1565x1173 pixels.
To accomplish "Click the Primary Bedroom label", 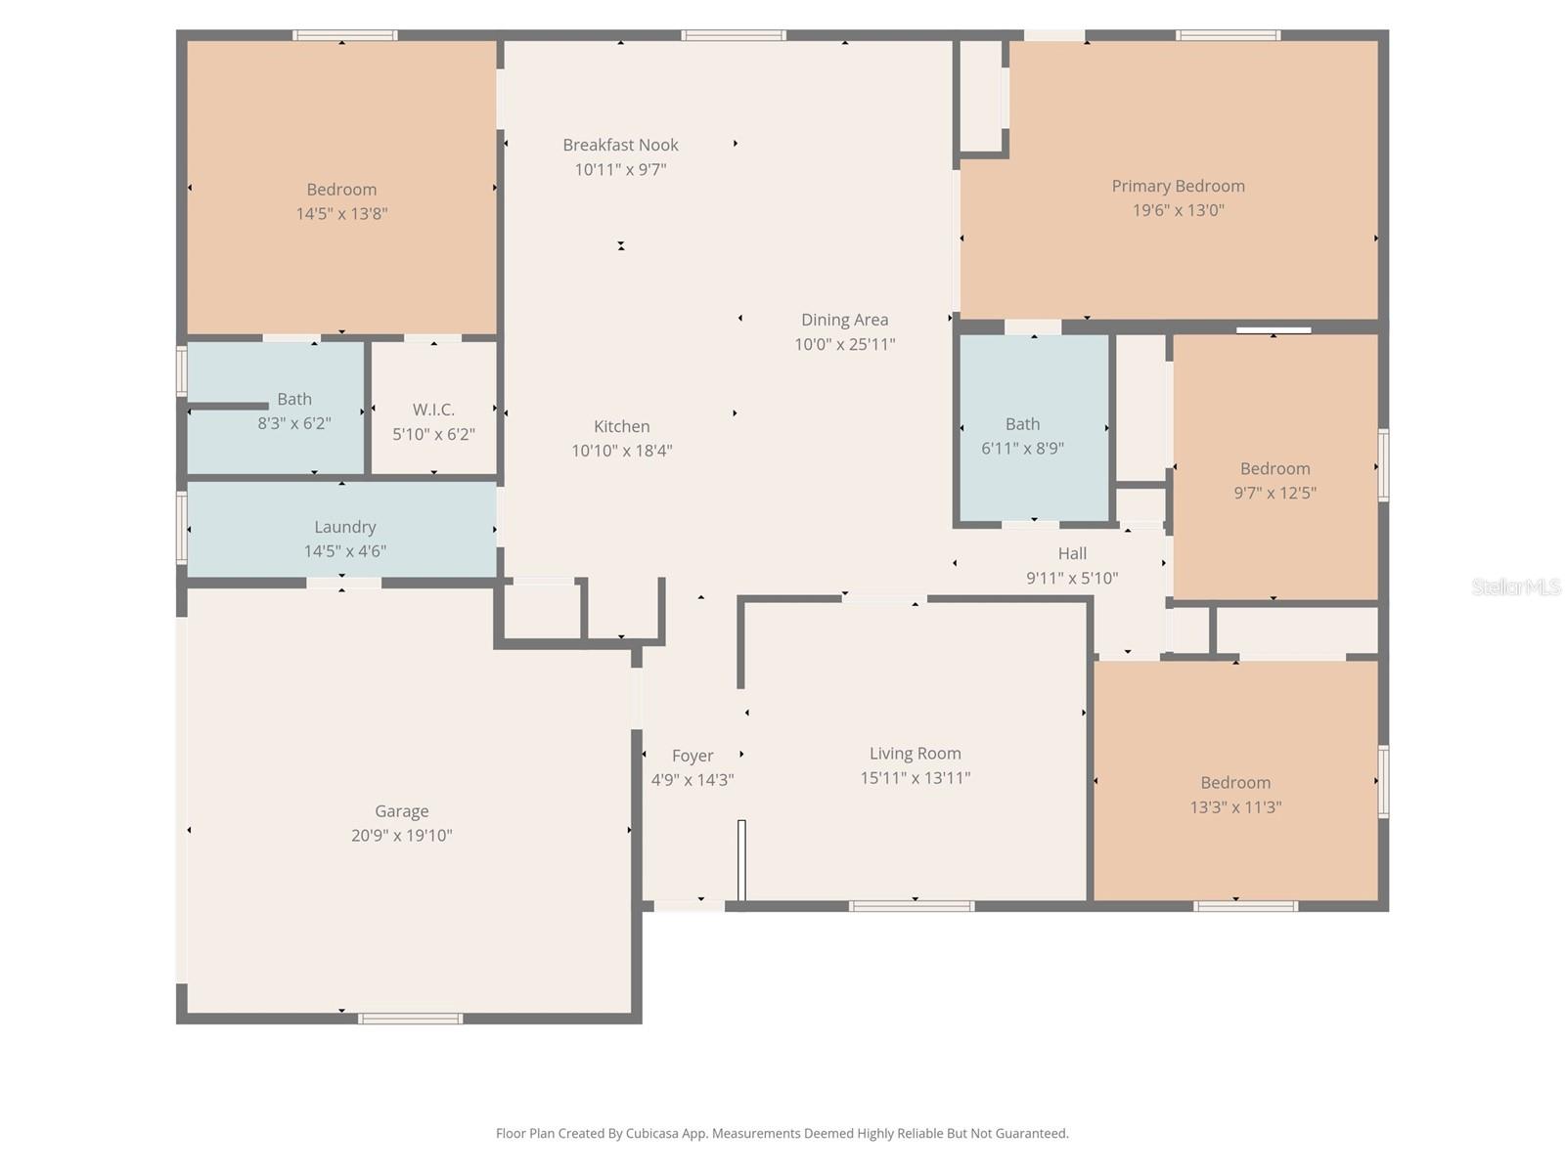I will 1178,186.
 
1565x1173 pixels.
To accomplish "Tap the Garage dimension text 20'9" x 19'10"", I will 401,836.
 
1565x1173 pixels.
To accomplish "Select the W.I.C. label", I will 433,410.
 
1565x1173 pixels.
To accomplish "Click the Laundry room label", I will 344,527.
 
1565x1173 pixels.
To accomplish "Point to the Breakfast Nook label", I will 620,145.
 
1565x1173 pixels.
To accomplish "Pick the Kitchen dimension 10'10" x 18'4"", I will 621,451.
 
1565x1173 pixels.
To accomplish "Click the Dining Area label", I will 844,320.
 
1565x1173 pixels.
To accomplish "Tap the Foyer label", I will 693,756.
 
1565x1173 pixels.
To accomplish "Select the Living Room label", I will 915,754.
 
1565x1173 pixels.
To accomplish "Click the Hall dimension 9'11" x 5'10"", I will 1071,578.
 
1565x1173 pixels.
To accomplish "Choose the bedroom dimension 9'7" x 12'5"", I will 1274,493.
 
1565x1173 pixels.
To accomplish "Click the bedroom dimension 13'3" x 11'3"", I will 1235,807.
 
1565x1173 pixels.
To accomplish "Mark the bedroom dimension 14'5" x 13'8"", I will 341,214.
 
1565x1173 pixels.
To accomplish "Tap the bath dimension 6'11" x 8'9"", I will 1022,449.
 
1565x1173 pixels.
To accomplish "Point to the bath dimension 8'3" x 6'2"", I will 293,423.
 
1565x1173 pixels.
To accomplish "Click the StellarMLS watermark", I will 1516,586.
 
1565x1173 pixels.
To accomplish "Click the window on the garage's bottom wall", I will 410,1019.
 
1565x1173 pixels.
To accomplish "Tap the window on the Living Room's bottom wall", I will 911,906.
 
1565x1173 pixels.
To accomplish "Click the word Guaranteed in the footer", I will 1031,1134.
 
